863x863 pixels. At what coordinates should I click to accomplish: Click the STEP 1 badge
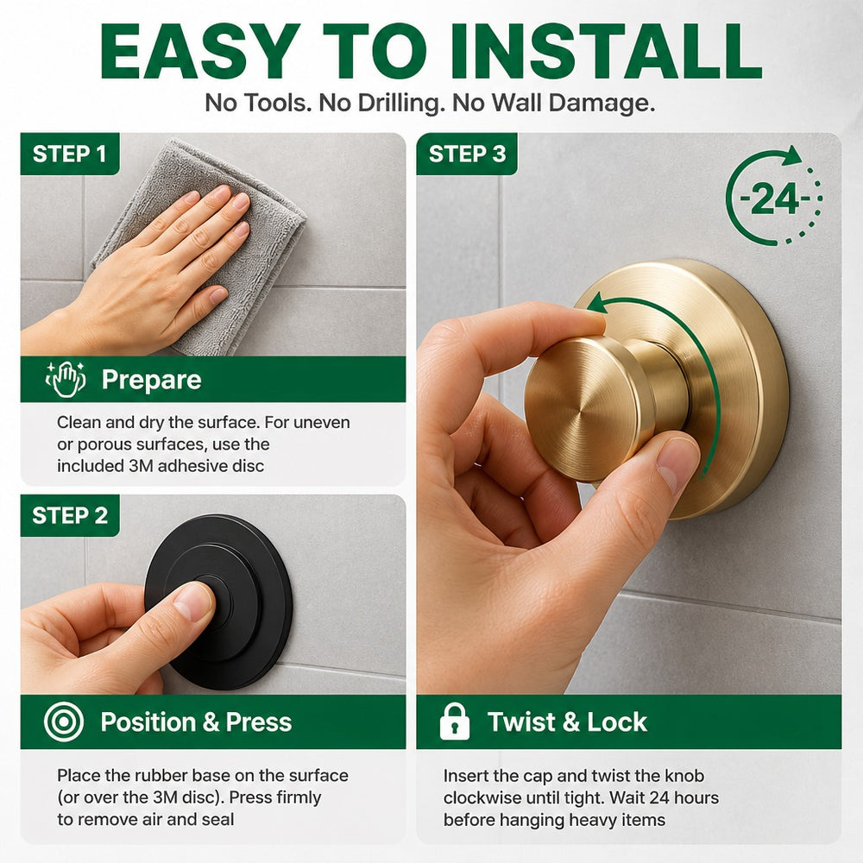[x=70, y=154]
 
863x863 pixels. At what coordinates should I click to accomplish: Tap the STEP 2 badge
[x=70, y=515]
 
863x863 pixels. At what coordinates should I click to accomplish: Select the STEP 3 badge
[x=467, y=154]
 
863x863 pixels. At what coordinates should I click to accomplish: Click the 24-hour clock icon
[x=773, y=196]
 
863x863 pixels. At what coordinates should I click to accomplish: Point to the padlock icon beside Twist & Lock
[x=455, y=721]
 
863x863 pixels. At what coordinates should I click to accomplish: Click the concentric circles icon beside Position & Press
[x=64, y=721]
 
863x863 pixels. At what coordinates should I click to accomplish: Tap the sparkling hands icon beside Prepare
[x=66, y=379]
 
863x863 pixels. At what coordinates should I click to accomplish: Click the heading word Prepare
[x=151, y=380]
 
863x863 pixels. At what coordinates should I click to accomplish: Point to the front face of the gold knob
[x=583, y=410]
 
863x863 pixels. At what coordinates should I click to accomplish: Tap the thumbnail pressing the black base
[x=192, y=601]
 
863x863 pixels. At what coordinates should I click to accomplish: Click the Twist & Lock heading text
[x=567, y=721]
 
